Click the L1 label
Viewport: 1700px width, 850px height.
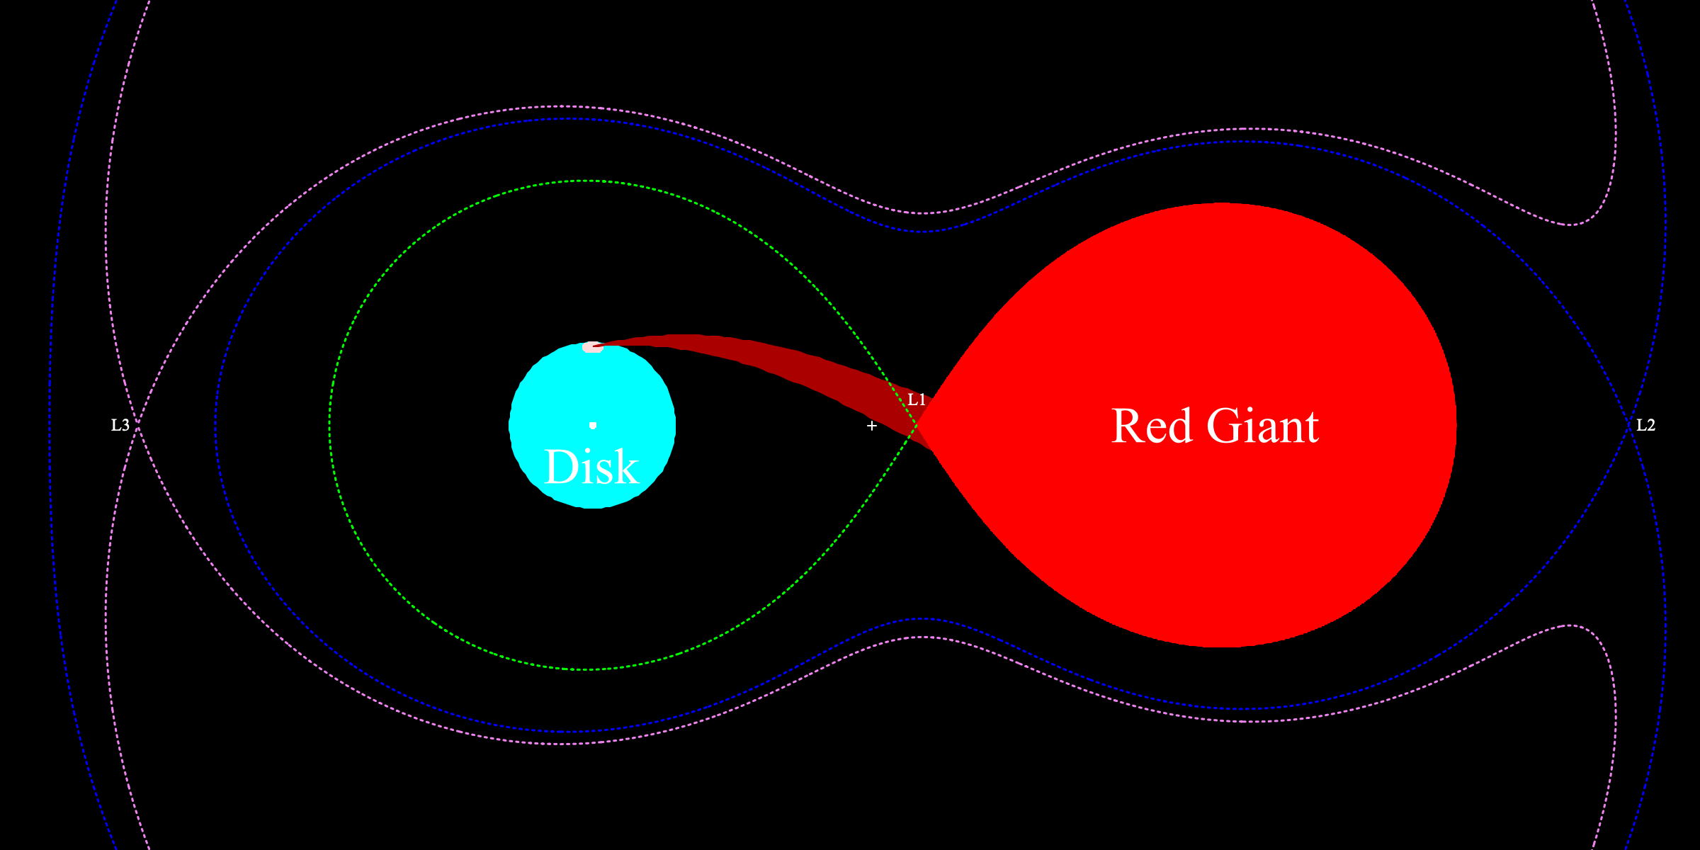pyautogui.click(x=917, y=400)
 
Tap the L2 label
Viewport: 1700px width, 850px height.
pyautogui.click(x=1645, y=425)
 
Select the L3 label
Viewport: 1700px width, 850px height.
pyautogui.click(x=120, y=425)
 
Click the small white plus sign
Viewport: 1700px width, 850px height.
pyautogui.click(x=872, y=426)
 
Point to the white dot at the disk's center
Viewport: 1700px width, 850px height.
pyautogui.click(x=593, y=425)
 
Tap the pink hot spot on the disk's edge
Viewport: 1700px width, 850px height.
pyautogui.click(x=592, y=347)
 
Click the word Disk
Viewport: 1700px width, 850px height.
pyautogui.click(x=592, y=467)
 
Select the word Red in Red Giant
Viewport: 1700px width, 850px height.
pyautogui.click(x=1152, y=426)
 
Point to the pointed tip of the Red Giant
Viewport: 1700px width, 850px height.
pyautogui.click(x=919, y=425)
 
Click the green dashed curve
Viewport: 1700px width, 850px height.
pyautogui.click(x=330, y=425)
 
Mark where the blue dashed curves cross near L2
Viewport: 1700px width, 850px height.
pyautogui.click(x=1629, y=425)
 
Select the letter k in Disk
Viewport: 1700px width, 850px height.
pyautogui.click(x=626, y=467)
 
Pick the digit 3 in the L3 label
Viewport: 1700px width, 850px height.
pyautogui.click(x=125, y=425)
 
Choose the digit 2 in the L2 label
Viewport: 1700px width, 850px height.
pyautogui.click(x=1650, y=425)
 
